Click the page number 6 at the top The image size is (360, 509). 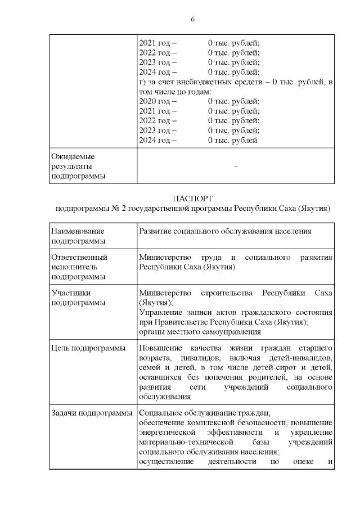click(193, 19)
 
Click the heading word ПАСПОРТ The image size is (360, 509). click(192, 198)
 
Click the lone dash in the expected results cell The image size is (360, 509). click(236, 167)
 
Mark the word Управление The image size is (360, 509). click(159, 312)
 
